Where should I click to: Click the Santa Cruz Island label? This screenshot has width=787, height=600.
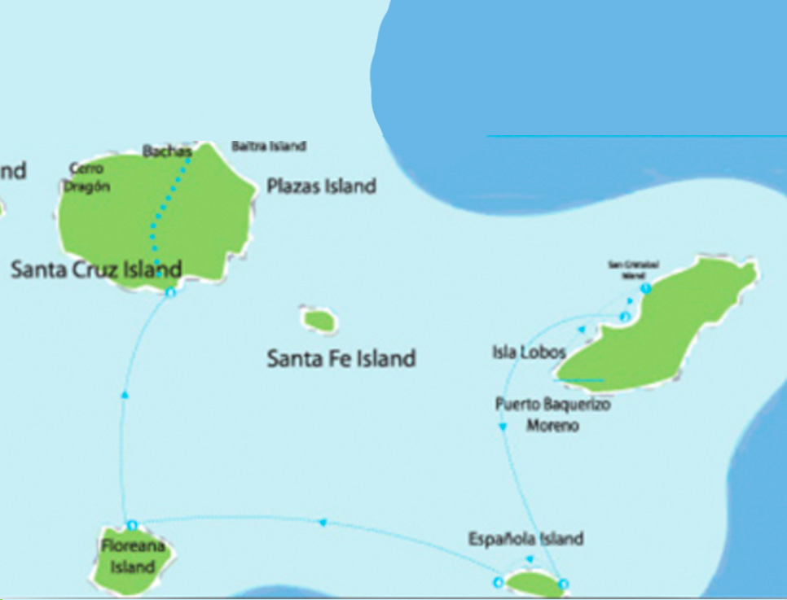click(x=96, y=269)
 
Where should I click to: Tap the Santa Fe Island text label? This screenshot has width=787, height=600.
click(x=341, y=358)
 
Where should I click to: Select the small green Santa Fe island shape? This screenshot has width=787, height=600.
click(x=319, y=320)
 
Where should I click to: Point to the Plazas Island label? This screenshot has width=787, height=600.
click(x=322, y=186)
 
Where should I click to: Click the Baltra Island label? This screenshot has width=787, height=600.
click(x=268, y=147)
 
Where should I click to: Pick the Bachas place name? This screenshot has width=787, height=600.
click(x=166, y=151)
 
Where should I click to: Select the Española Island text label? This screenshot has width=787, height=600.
click(x=525, y=539)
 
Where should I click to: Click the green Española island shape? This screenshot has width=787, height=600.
click(x=531, y=582)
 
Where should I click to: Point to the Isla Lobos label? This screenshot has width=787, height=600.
click(x=529, y=353)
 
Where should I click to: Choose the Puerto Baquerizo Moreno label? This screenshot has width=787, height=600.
click(x=552, y=414)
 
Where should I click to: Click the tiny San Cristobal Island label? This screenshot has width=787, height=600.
click(x=633, y=269)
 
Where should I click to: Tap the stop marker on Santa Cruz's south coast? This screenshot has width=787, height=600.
click(x=170, y=291)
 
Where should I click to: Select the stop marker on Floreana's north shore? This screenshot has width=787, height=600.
click(x=132, y=525)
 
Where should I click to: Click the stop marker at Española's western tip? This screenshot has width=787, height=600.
click(x=498, y=581)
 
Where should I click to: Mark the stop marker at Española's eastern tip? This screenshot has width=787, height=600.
click(x=563, y=583)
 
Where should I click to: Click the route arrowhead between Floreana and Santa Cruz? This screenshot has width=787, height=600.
click(x=124, y=394)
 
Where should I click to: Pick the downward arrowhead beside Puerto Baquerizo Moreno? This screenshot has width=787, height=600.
click(x=502, y=426)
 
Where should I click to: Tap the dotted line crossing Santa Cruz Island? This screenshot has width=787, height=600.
click(x=163, y=212)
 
